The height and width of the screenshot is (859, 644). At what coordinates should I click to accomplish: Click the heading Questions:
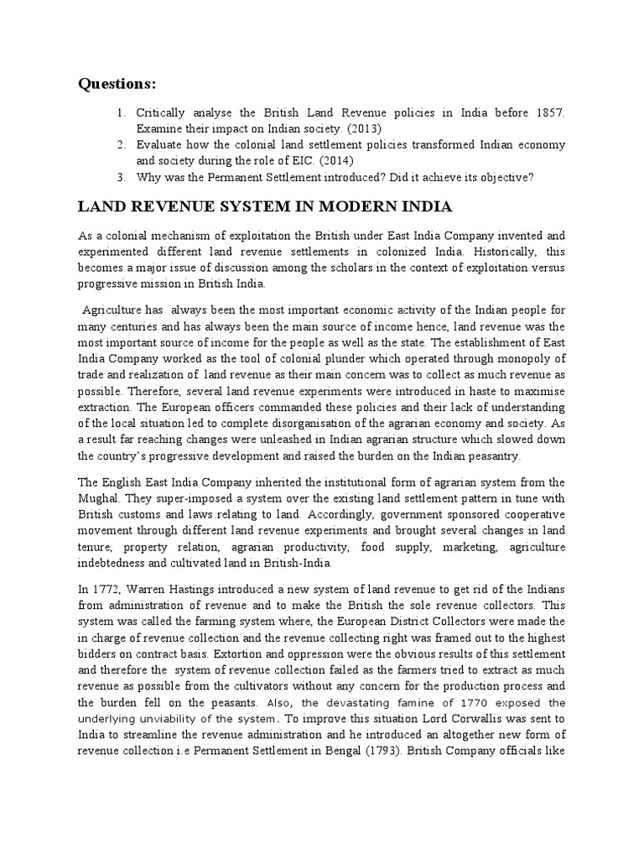117,83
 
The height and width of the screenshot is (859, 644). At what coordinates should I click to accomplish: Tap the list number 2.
121,144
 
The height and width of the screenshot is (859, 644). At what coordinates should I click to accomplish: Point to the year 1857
549,112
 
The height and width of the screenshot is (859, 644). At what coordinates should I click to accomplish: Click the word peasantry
492,456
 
